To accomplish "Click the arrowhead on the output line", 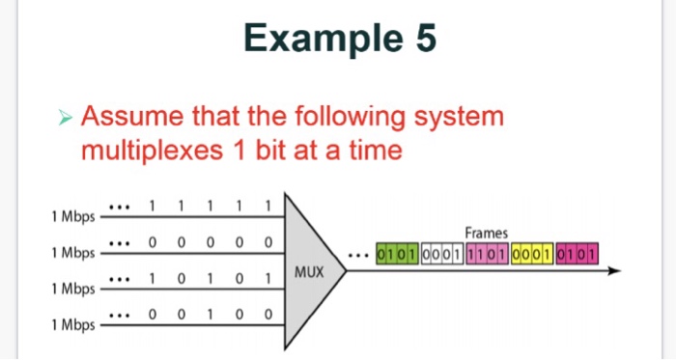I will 610,271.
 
